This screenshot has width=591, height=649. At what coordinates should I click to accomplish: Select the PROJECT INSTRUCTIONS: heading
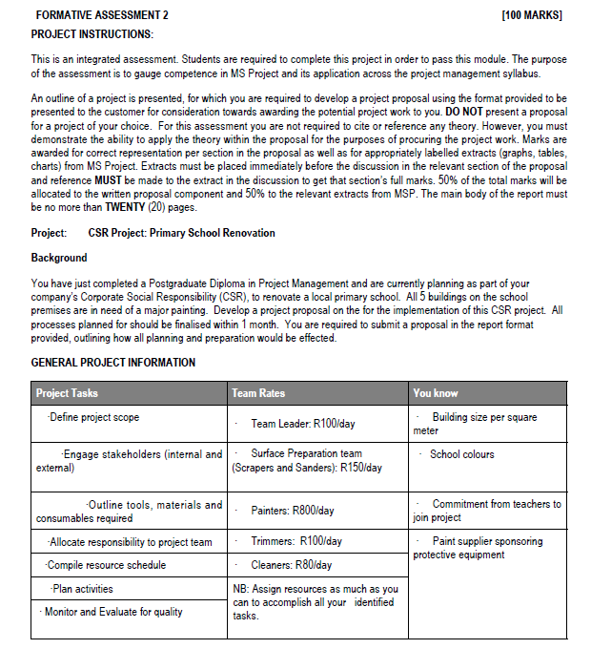[x=92, y=34]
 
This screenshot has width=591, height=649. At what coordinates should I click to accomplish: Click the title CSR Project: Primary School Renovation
[x=181, y=233]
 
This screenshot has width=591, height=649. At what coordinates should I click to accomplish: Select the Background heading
[x=59, y=258]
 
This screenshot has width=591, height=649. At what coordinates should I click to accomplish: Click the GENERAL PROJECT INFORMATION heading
[x=113, y=363]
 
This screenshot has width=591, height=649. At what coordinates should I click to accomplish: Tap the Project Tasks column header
[x=68, y=393]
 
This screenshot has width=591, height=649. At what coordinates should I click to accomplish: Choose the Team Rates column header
[x=258, y=393]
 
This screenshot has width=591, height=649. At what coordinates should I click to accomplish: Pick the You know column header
[x=436, y=393]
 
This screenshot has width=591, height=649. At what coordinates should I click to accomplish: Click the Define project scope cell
[x=92, y=418]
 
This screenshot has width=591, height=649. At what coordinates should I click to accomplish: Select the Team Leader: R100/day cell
[x=302, y=423]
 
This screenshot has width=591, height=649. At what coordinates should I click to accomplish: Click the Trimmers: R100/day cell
[x=295, y=541]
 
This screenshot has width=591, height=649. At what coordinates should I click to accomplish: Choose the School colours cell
[x=461, y=454]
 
